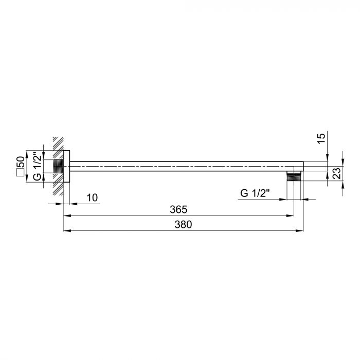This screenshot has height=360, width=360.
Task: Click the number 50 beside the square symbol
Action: pos(21,160)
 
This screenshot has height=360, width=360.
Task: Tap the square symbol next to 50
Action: pos(21,173)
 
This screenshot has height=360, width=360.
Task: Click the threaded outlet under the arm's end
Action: pos(294,176)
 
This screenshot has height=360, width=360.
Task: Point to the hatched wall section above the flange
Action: pos(58,143)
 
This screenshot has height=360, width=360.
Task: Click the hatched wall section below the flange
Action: pos(58,190)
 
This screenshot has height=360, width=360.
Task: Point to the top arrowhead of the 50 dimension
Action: pos(43,149)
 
